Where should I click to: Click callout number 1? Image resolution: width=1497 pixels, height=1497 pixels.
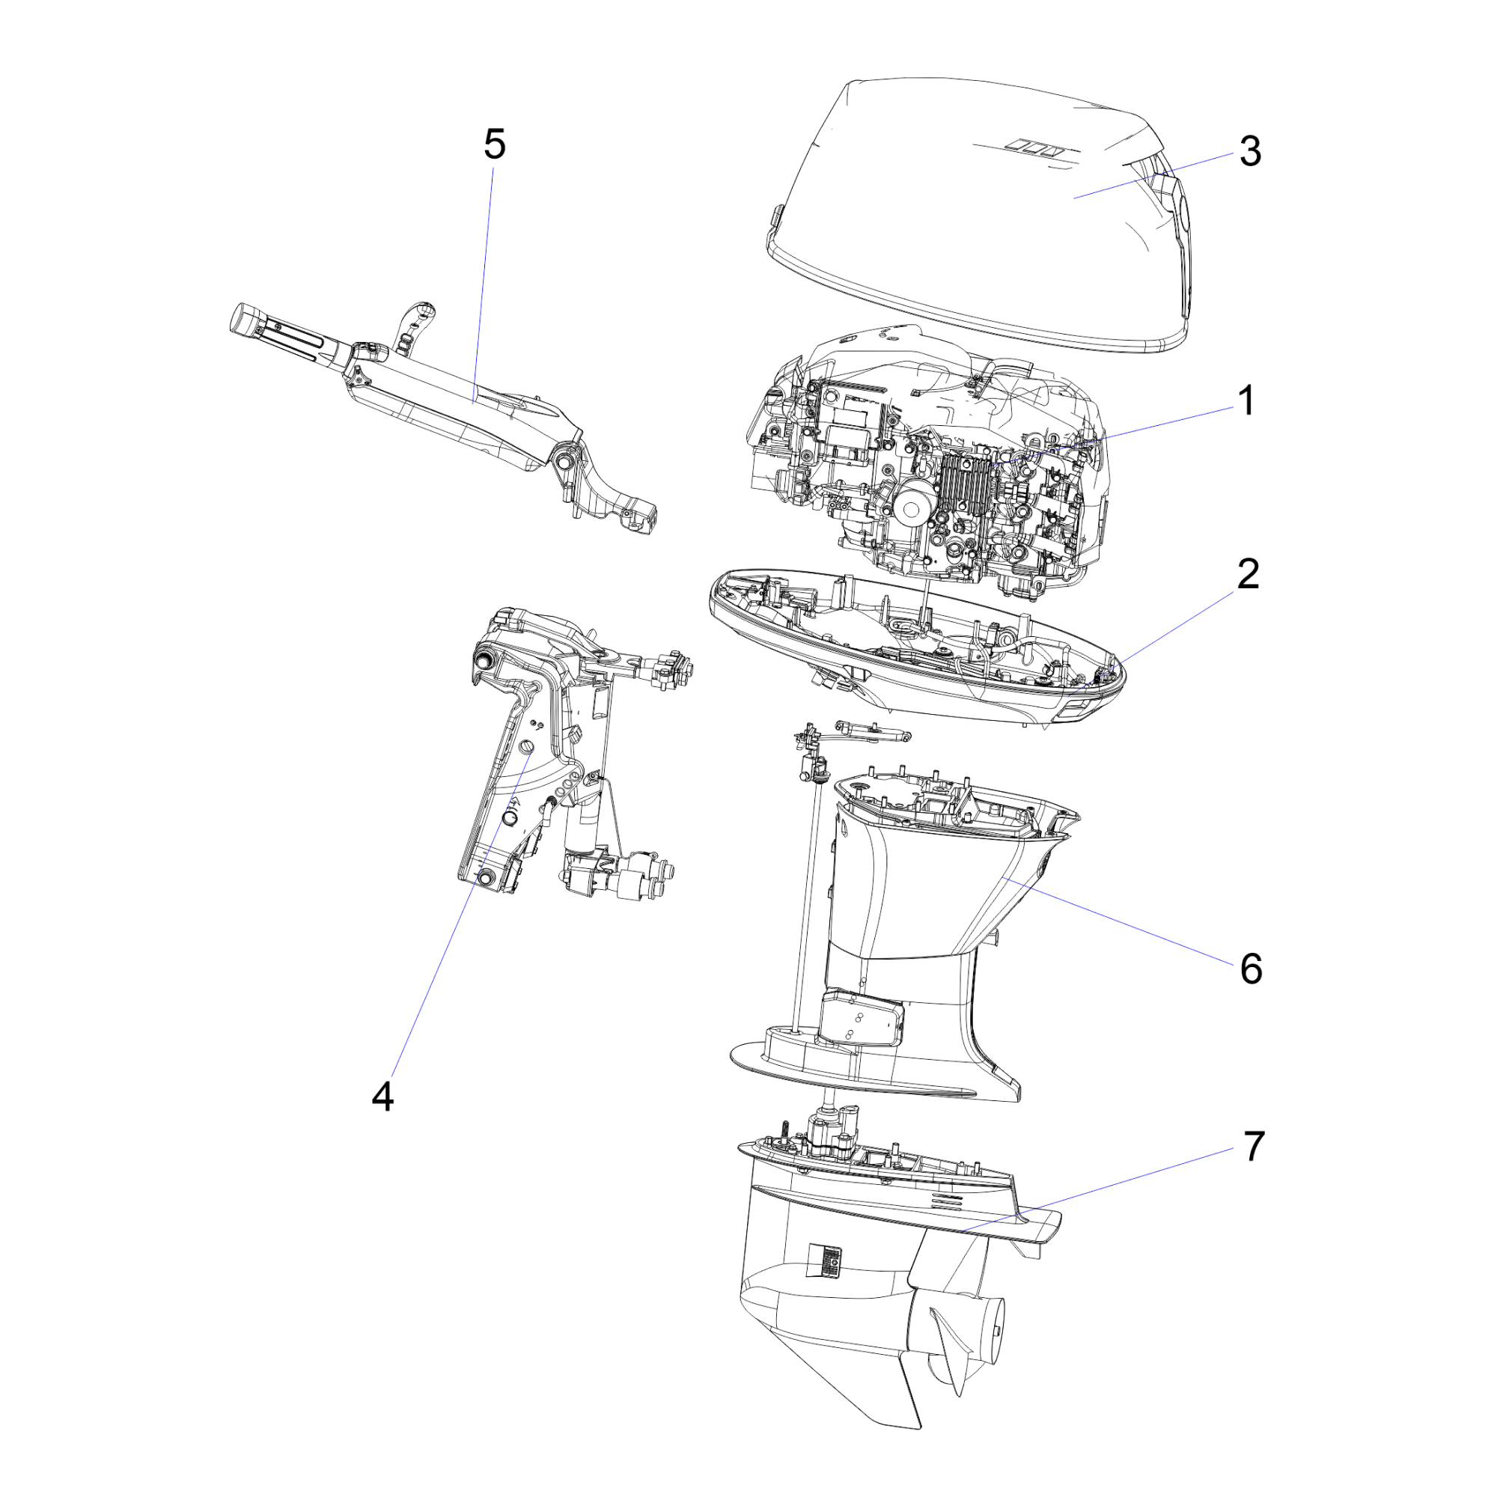click(x=1246, y=401)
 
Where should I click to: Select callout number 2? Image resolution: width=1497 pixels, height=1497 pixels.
click(x=1248, y=574)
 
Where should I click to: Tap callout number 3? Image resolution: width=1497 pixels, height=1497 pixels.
click(x=1250, y=151)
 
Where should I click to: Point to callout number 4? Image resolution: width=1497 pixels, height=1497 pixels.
click(x=382, y=1097)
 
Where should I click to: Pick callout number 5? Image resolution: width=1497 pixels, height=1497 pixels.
click(x=494, y=145)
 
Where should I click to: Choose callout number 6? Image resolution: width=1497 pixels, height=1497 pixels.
click(x=1251, y=969)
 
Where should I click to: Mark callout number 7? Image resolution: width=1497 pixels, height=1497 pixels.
click(x=1254, y=1146)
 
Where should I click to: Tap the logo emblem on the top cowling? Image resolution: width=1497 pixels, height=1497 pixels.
click(x=1034, y=146)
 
